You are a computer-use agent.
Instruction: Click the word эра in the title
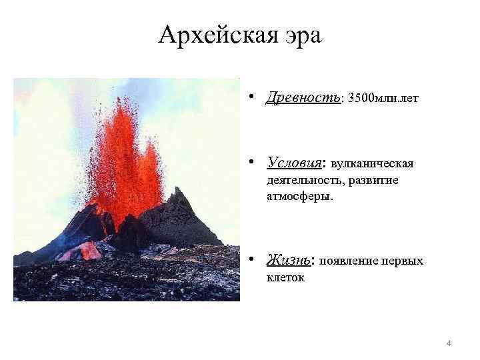[301, 35]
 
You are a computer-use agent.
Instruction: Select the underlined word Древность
[303, 98]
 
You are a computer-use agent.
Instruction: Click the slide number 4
[449, 343]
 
